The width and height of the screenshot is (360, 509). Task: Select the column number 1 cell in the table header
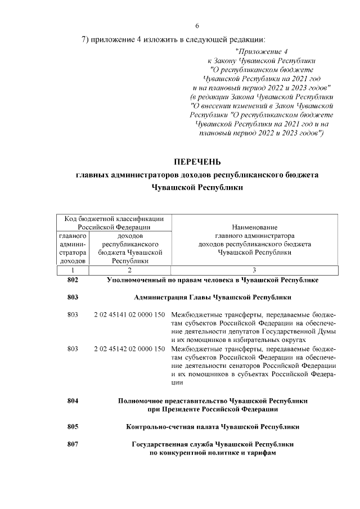(x=72, y=271)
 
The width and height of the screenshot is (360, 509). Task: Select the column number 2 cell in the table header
(x=129, y=271)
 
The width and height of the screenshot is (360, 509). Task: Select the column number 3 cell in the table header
(x=254, y=271)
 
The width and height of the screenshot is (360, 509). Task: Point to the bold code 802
(x=72, y=280)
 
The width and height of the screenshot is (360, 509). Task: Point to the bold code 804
(x=72, y=401)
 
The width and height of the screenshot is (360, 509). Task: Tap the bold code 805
(x=72, y=427)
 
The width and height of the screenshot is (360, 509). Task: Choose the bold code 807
(x=72, y=444)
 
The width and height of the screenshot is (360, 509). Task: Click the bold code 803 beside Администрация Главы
(x=72, y=297)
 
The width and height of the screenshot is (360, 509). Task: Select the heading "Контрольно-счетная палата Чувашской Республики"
(x=213, y=427)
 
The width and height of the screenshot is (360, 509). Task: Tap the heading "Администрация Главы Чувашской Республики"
(x=213, y=297)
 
